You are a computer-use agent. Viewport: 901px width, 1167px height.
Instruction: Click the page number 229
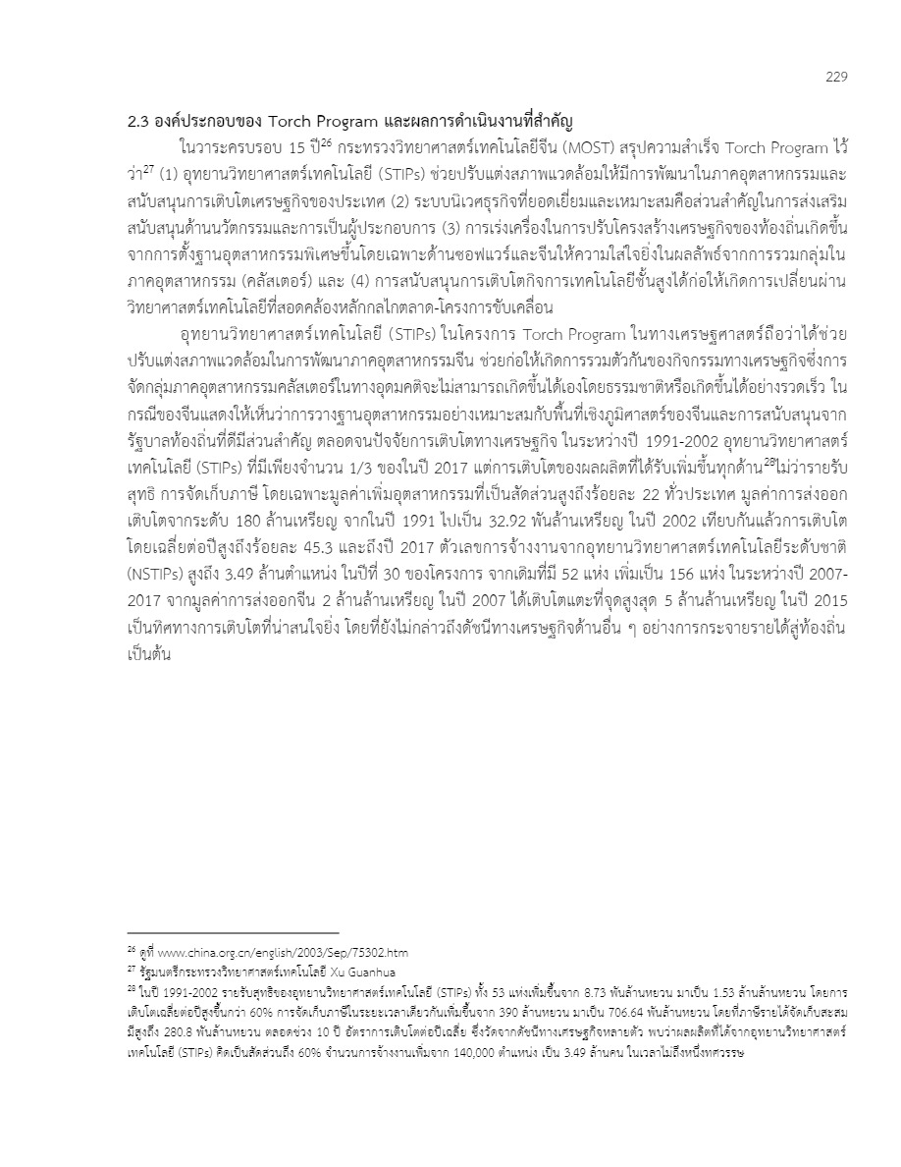pos(835,77)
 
